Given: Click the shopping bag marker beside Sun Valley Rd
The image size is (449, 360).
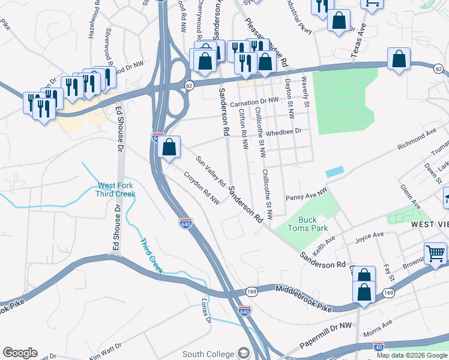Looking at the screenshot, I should click(x=170, y=147).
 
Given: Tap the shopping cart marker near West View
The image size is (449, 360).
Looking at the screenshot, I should click(x=435, y=253).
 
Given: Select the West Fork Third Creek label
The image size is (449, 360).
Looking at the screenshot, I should click(x=115, y=190).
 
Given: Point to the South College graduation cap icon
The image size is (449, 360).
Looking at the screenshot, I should click(x=244, y=352).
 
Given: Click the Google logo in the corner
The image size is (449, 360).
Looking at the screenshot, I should click(x=19, y=352).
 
